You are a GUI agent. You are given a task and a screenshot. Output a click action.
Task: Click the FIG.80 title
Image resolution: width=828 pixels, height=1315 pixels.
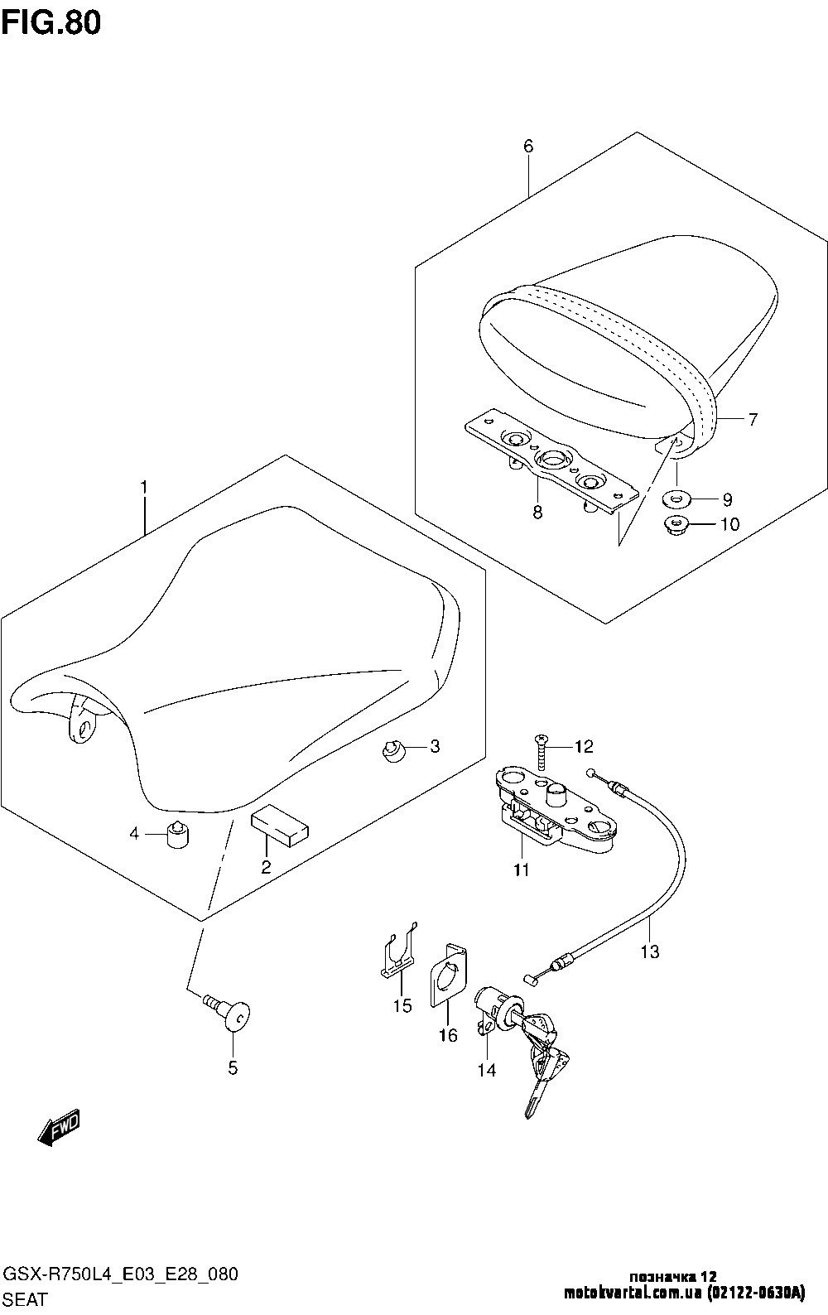(51, 22)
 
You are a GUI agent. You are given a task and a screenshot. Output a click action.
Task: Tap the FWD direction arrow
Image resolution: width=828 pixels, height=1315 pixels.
(59, 1127)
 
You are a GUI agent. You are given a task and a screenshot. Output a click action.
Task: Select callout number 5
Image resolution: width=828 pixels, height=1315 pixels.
(233, 1068)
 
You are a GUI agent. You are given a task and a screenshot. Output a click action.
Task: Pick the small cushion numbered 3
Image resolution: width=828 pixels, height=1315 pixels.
(392, 750)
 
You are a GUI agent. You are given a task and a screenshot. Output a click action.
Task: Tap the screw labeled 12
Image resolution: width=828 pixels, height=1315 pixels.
(542, 749)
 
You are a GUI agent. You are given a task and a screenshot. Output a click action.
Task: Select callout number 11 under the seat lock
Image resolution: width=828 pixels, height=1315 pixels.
(522, 870)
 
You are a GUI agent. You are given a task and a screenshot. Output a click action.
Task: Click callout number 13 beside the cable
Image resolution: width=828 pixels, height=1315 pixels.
(650, 952)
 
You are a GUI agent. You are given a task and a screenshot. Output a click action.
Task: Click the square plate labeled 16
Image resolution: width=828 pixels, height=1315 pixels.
(448, 975)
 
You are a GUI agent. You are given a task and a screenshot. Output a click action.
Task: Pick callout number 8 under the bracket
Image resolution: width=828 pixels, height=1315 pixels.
(537, 513)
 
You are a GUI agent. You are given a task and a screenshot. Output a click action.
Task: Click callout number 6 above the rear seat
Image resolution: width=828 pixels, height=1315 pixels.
(528, 147)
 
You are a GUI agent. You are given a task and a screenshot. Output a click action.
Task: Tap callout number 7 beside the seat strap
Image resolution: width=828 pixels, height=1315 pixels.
(752, 420)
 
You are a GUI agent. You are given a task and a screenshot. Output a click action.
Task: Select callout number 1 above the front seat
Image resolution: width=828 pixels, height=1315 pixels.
(143, 489)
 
